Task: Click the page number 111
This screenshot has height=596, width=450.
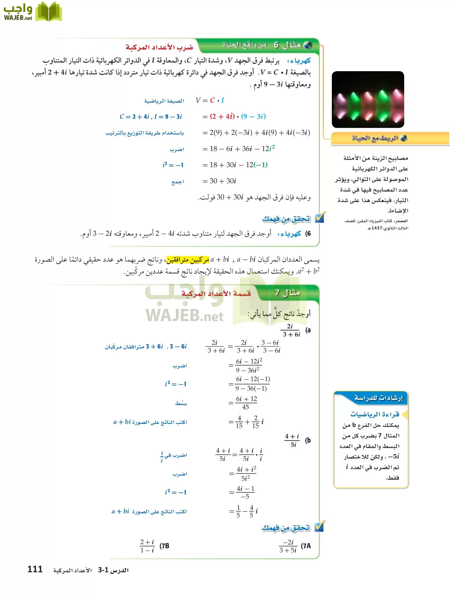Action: (x=35, y=569)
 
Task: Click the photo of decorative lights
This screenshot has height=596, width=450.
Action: (x=368, y=100)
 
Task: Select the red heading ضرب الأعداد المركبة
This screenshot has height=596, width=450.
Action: (x=159, y=47)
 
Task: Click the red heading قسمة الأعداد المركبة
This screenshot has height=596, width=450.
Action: (x=216, y=294)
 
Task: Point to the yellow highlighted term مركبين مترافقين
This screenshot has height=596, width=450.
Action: (x=188, y=260)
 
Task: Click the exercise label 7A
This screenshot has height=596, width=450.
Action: (x=306, y=546)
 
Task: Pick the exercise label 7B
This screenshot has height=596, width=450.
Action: (x=164, y=546)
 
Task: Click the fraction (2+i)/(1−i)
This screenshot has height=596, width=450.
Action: (x=147, y=546)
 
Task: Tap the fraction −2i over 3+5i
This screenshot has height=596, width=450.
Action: (x=288, y=546)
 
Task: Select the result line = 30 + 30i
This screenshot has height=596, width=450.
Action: (x=219, y=181)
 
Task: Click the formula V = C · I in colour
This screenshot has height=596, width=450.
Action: (x=210, y=100)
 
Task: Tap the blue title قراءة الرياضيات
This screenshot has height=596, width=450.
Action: (x=374, y=414)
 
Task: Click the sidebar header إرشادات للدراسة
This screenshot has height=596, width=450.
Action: (x=378, y=398)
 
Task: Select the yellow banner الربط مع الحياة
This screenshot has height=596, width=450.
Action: (x=379, y=138)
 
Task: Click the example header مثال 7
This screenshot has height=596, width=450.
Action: (x=287, y=293)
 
